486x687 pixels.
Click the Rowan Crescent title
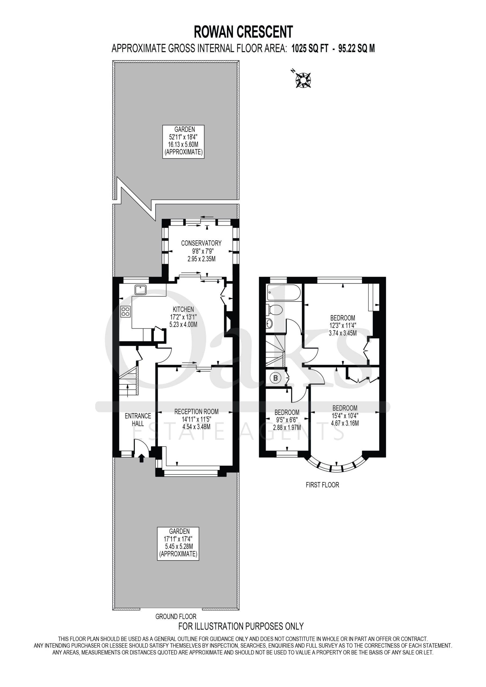click(243, 32)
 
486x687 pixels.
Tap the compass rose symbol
click(303, 80)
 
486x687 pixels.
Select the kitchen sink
click(140, 290)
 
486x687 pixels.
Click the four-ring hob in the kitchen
click(126, 312)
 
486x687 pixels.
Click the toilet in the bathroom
click(274, 310)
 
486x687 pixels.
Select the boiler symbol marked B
click(275, 378)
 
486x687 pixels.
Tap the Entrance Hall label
click(138, 419)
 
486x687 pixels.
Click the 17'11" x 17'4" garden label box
click(178, 543)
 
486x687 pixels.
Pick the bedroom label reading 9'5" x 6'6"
click(287, 420)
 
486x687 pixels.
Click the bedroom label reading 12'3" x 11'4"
click(343, 325)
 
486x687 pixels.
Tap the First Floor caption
click(322, 485)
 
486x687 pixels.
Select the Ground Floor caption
click(176, 616)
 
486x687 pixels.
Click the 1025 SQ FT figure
click(310, 49)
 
